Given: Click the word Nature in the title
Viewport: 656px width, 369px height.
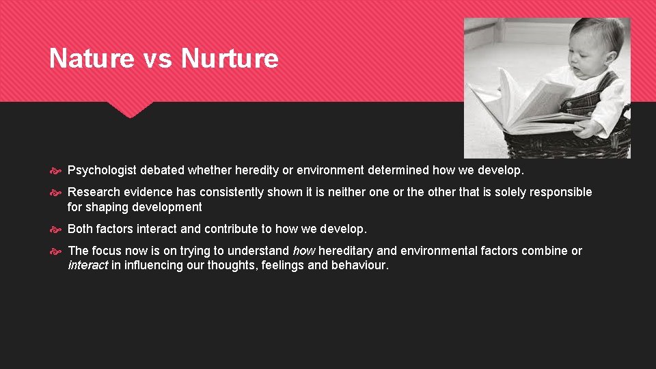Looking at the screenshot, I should [x=92, y=59].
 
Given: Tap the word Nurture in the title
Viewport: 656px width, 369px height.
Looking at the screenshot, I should [x=230, y=59].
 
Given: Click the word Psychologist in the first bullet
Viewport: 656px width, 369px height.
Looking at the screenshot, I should [x=101, y=169].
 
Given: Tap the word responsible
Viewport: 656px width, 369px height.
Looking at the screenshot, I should [x=558, y=192].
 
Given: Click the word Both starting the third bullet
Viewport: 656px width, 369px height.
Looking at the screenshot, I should [x=81, y=229].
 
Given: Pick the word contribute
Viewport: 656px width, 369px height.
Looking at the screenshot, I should [x=231, y=229].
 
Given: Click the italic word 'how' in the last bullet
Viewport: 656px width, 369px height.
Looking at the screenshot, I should [x=303, y=251].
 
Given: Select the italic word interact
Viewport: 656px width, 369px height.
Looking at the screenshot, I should [x=87, y=265].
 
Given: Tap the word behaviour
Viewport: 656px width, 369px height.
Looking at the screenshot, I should [x=360, y=265].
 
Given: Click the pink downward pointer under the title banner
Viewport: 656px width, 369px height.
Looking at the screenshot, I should [x=129, y=109].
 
